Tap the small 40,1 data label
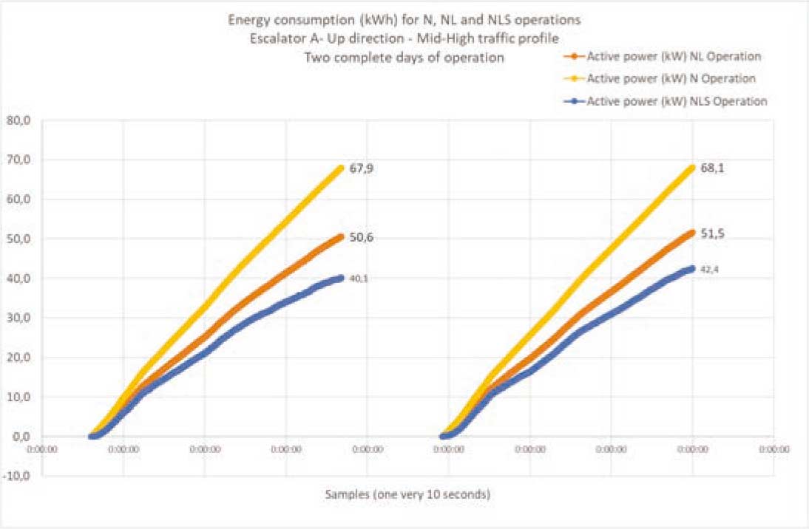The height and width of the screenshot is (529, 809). click(x=359, y=279)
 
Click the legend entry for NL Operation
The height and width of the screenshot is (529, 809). click(x=673, y=56)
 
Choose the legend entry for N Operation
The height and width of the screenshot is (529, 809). click(x=671, y=78)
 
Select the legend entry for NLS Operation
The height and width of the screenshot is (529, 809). click(x=676, y=101)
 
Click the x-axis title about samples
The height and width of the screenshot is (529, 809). click(x=407, y=494)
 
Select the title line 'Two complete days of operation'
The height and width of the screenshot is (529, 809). click(x=404, y=58)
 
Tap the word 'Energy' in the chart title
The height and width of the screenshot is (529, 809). click(x=246, y=19)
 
